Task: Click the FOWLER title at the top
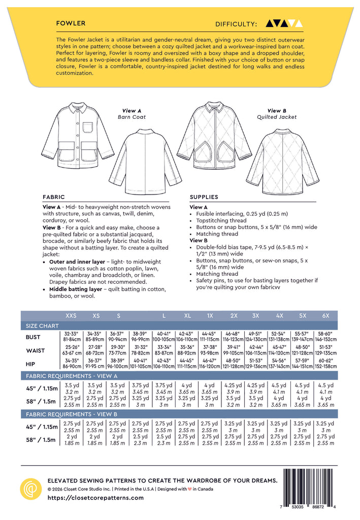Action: tap(71, 23)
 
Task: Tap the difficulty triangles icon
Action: tap(284, 23)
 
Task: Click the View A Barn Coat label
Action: tap(132, 113)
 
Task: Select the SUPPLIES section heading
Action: tap(204, 197)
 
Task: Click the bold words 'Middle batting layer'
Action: tap(74, 289)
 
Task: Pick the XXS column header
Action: tap(71, 315)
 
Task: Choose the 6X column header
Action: tap(325, 315)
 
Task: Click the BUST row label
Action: tap(33, 337)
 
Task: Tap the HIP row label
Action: tap(33, 364)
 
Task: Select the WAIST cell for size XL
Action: tap(187, 350)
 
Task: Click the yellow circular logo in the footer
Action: tap(30, 489)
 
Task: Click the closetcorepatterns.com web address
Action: tap(95, 498)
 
